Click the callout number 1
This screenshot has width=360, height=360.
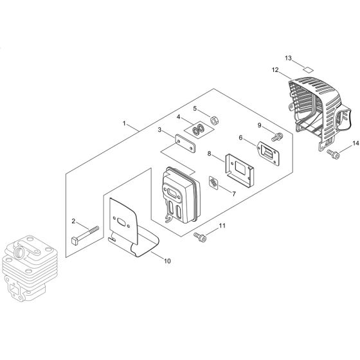[124, 123]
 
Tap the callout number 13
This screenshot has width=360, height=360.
[288, 58]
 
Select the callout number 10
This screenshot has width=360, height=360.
[167, 261]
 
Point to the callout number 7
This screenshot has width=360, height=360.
[234, 194]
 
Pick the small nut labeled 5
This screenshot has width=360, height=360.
[214, 120]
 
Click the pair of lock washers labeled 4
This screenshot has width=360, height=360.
[199, 130]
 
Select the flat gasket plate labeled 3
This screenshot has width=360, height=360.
[185, 143]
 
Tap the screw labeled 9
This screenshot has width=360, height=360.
[277, 137]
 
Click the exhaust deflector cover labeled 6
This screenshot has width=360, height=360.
[268, 153]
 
